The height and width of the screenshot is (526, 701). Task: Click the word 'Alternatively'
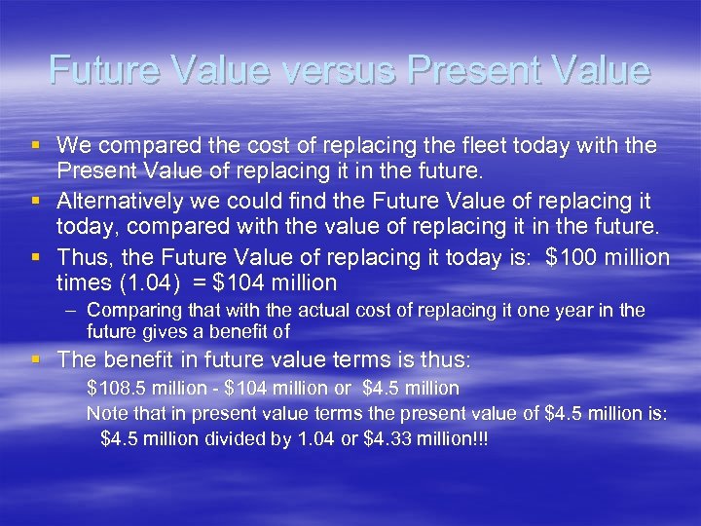point(117,201)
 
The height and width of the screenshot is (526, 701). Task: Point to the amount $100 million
point(608,257)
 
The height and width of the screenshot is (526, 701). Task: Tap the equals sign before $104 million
point(203,283)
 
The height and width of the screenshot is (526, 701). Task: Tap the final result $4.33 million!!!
point(425,439)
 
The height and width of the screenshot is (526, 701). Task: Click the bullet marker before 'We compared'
point(36,145)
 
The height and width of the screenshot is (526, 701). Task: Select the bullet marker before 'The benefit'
point(36,359)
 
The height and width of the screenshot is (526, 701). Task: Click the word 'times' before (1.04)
point(82,283)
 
